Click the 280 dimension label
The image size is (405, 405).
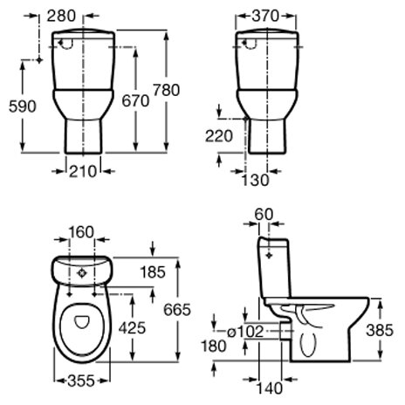pos(61,16)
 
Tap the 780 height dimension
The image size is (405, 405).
pos(167,90)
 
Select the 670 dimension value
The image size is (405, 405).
pos(135,101)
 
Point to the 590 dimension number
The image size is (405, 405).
pos(23,106)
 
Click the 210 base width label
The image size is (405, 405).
pos(83,171)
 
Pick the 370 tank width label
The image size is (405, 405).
pos(265,16)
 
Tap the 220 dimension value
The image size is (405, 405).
pos(219,136)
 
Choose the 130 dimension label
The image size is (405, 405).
pos(256,180)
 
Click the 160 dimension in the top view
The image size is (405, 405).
pos(81,232)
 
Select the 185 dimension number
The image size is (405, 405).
pos(153,272)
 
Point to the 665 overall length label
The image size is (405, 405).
pos(177,310)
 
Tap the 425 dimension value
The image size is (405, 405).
pos(132,328)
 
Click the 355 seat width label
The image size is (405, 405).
pos(81,381)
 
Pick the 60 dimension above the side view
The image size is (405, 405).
pos(264,215)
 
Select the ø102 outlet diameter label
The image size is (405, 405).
pos(245,332)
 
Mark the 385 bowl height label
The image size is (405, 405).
pos(380,330)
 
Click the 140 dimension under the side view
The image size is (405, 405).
pos(270,388)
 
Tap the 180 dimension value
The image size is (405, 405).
pos(214,347)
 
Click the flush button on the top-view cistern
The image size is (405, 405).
pos(82,273)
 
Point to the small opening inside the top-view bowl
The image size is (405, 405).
pos(82,322)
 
